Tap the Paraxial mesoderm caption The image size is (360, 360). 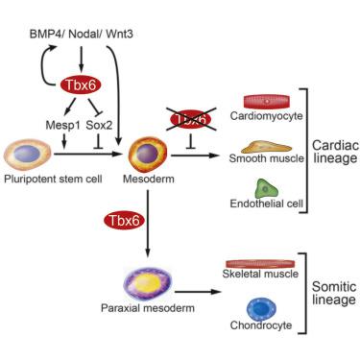143,311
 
